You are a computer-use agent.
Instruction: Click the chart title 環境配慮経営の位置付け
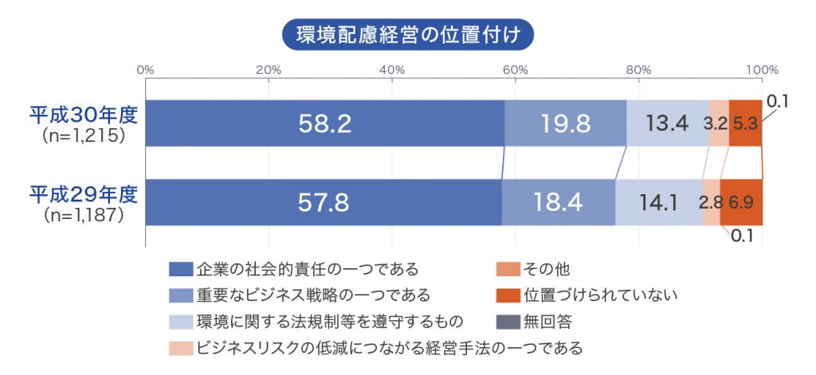coord(407,35)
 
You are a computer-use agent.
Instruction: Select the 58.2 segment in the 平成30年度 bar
coord(324,123)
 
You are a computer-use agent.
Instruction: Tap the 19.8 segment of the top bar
coord(566,123)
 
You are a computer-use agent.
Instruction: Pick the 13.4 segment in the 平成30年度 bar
coord(668,123)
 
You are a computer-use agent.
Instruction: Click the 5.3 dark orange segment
coord(745,123)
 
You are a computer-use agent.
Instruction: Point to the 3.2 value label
coord(714,123)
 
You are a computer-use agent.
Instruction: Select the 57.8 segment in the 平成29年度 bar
coord(323,203)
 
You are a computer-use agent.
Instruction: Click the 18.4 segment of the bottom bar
coord(559,203)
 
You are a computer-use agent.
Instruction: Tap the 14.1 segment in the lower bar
coord(658,203)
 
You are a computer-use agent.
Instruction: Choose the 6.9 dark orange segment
coord(742,203)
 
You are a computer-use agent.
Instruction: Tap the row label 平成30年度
coord(84,114)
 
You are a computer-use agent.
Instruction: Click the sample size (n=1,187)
coord(84,214)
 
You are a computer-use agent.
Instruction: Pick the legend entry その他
coord(546,269)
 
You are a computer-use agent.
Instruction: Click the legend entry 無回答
coord(546,322)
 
